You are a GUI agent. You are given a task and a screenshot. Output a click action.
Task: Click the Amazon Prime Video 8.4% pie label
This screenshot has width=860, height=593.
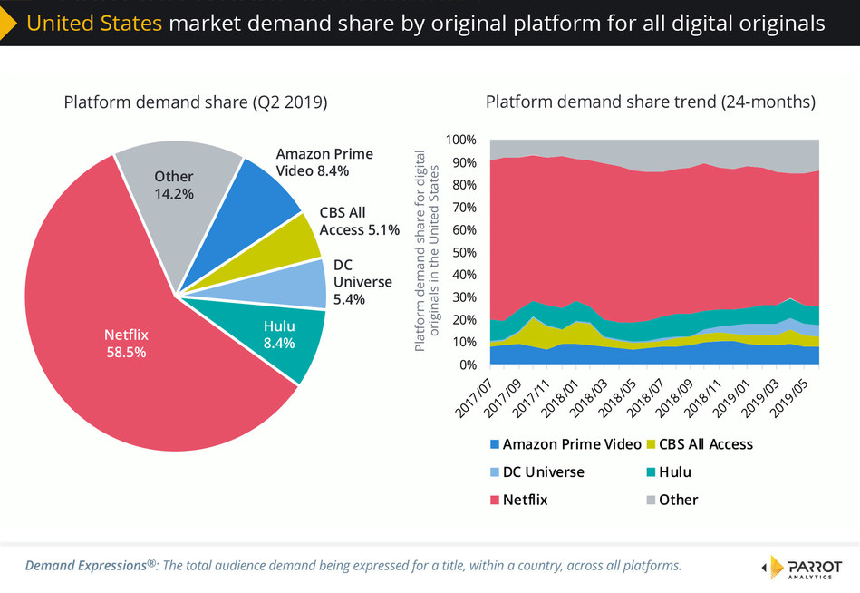pos(324,161)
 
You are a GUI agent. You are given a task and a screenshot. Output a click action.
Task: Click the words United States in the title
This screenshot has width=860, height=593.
pos(95,23)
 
